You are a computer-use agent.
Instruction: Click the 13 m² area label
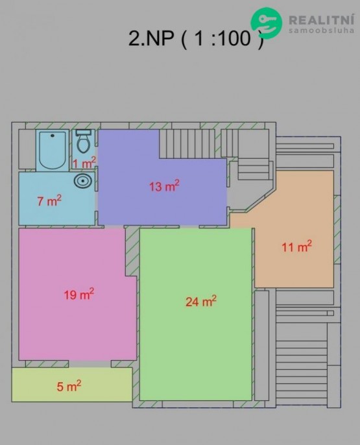pyautogui.click(x=164, y=186)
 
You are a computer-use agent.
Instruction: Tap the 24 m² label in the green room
pyautogui.click(x=201, y=302)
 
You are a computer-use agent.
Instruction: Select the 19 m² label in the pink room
pyautogui.click(x=79, y=295)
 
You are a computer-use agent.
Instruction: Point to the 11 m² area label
pyautogui.click(x=296, y=247)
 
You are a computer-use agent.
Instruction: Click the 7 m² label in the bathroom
pyautogui.click(x=49, y=201)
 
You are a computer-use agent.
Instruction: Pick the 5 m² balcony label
pyautogui.click(x=69, y=386)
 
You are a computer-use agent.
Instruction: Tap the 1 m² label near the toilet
pyautogui.click(x=84, y=163)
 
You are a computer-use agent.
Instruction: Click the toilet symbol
pyautogui.click(x=84, y=141)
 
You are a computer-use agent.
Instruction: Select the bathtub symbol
pyautogui.click(x=53, y=150)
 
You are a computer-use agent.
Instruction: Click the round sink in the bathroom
pyautogui.click(x=83, y=180)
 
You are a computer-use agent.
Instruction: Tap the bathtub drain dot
pyautogui.click(x=52, y=136)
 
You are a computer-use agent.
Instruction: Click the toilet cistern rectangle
pyautogui.click(x=84, y=132)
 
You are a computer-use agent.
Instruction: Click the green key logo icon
pyautogui.click(x=267, y=23)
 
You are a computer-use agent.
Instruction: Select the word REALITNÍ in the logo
pyautogui.click(x=322, y=20)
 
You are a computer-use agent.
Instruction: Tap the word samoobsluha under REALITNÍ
pyautogui.click(x=322, y=30)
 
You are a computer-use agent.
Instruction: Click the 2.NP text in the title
pyautogui.click(x=151, y=38)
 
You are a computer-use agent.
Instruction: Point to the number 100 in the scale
pyautogui.click(x=234, y=38)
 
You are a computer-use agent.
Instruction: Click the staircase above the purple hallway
pyautogui.click(x=187, y=143)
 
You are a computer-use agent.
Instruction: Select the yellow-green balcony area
pyautogui.click(x=72, y=385)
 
